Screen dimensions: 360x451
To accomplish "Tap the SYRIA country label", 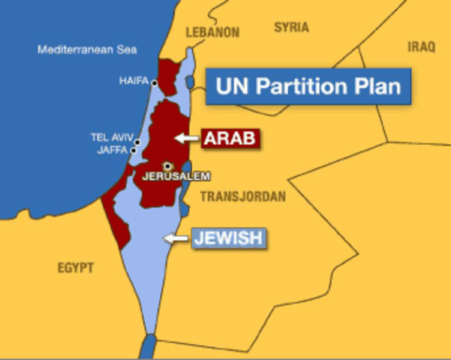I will tap(291, 28).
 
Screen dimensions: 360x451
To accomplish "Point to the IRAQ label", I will tap(421, 46).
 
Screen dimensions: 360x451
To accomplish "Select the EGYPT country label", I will tap(76, 268).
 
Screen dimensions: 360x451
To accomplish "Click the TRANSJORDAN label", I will tap(243, 197).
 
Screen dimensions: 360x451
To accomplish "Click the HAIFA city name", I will tap(133, 82).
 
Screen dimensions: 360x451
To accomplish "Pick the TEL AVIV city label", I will tap(111, 137).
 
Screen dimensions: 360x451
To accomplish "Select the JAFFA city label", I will tap(113, 149).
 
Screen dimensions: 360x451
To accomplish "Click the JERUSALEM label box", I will tap(176, 177).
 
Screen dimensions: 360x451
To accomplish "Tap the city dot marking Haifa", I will tap(154, 82).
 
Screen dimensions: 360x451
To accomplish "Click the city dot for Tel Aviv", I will tap(137, 140).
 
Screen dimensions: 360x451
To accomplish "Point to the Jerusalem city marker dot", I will tap(167, 166).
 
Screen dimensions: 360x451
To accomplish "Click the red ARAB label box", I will tap(230, 138).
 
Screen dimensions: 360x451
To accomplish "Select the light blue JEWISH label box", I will tap(228, 238).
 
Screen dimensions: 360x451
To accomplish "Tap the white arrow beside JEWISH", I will tap(176, 238).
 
